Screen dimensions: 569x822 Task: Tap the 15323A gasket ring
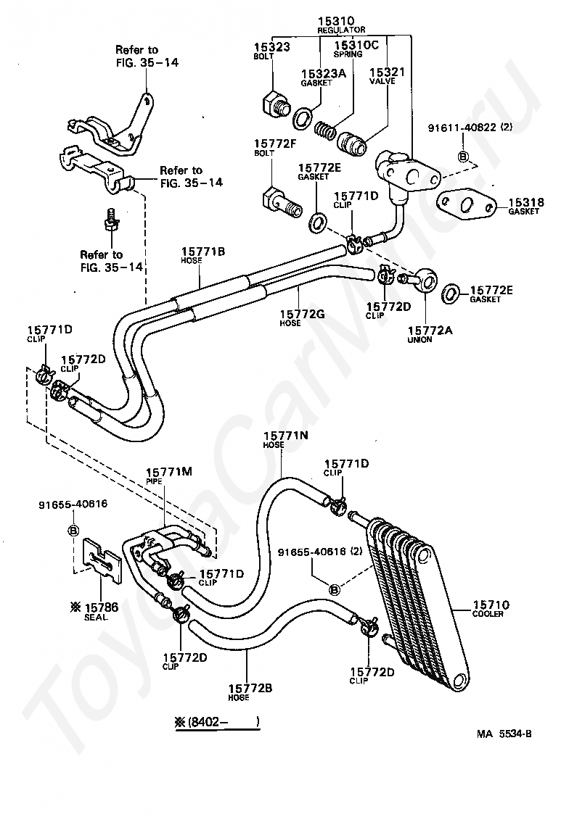303,118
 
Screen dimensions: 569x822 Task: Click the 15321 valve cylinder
352,143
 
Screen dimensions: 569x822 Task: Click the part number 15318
526,202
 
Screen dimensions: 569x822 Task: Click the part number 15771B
203,252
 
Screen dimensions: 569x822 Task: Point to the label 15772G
302,314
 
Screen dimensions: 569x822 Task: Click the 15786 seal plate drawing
102,560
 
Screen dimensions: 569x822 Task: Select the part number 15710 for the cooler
491,605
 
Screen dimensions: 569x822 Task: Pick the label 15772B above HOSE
250,689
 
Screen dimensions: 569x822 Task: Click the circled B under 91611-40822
464,156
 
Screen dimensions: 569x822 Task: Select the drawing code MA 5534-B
504,734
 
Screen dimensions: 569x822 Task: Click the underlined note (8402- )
217,722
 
